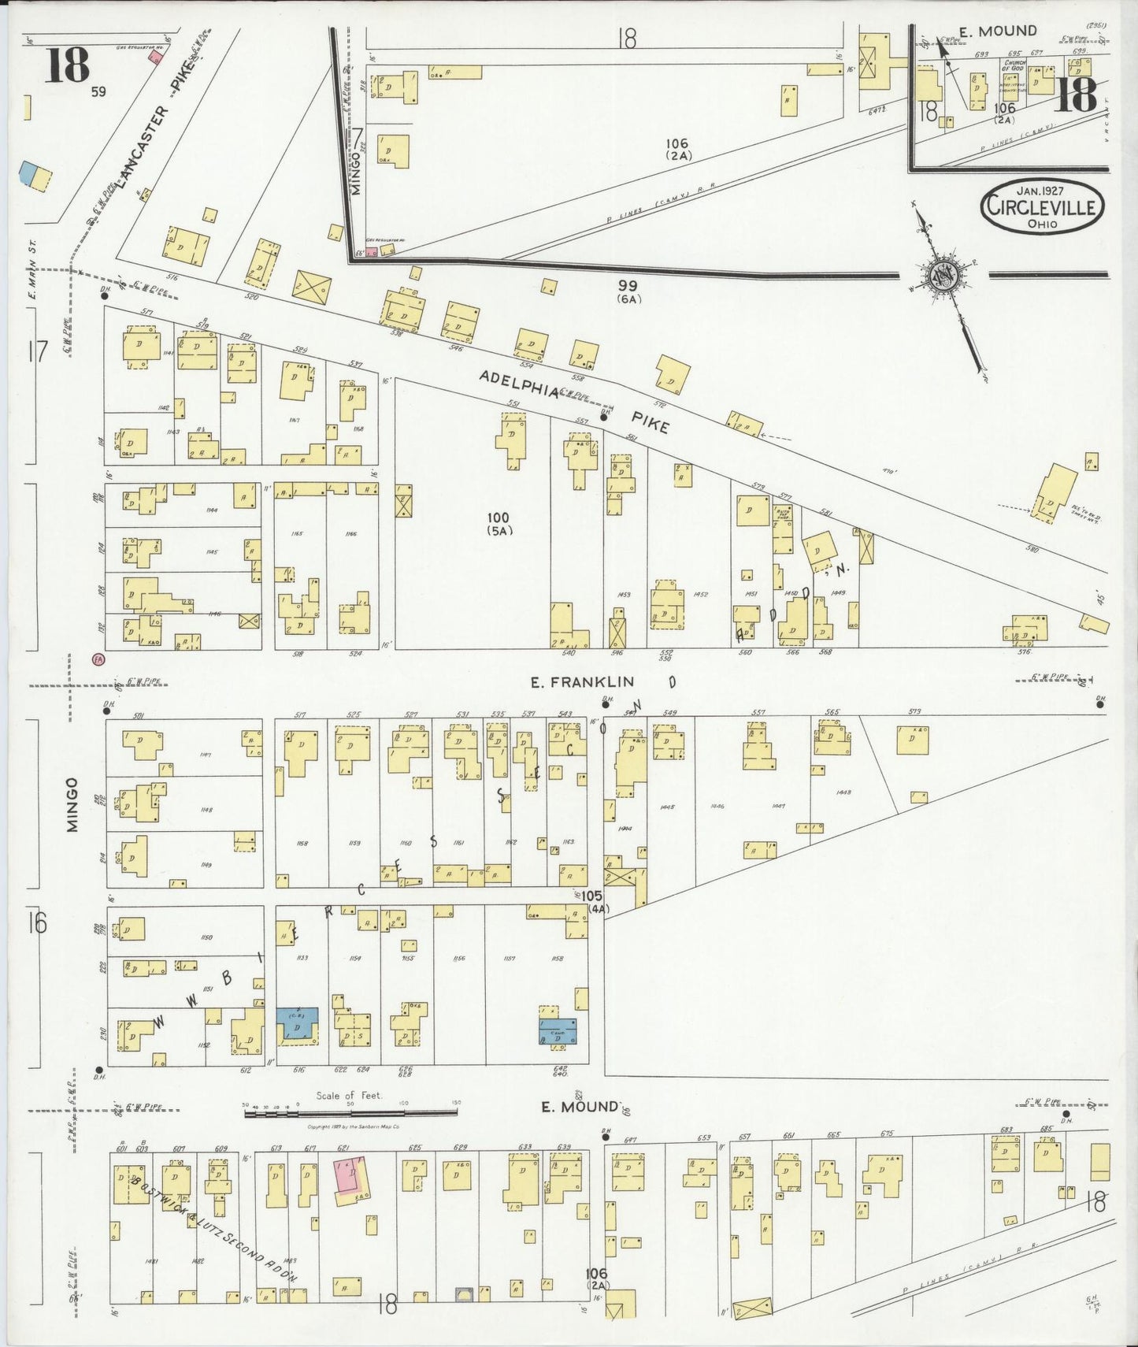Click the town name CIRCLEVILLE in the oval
(x=1042, y=208)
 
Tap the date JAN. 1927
(x=1041, y=191)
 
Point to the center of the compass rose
(x=941, y=276)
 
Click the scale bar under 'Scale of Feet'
(x=350, y=1112)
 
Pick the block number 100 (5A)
(x=499, y=523)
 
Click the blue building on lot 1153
(x=297, y=1026)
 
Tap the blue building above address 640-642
(x=557, y=1030)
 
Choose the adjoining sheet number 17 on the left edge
(x=37, y=351)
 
